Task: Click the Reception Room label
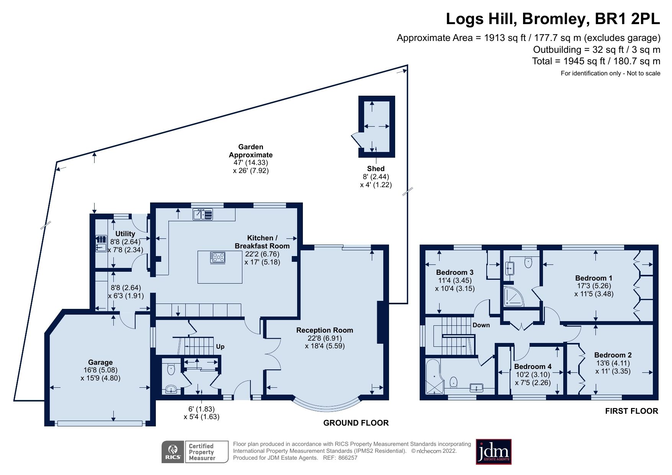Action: point(324,330)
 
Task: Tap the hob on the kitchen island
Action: point(217,258)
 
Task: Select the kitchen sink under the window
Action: point(203,214)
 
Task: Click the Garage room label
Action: point(100,362)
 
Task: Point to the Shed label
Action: point(376,168)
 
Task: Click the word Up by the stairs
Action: point(220,346)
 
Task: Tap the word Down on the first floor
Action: point(481,325)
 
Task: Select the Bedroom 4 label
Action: point(533,366)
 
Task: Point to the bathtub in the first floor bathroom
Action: point(434,377)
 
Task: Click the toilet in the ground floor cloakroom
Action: point(171,369)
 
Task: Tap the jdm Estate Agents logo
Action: point(494,452)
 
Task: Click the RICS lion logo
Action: point(173,452)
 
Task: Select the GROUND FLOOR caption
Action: point(356,423)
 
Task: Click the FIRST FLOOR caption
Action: point(631,411)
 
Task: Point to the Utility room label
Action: point(125,233)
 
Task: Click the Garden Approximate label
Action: point(251,151)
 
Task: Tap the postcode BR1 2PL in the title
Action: point(627,19)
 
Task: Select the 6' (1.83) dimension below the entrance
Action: point(201,409)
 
